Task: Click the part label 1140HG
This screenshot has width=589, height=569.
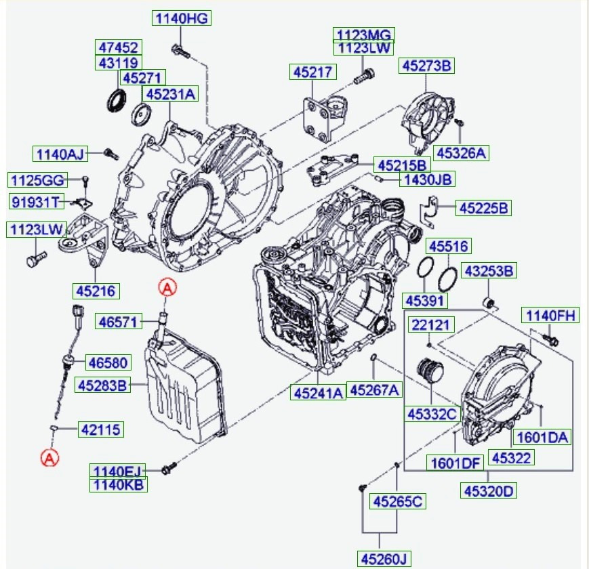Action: (182, 19)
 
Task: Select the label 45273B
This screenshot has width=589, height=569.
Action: (426, 66)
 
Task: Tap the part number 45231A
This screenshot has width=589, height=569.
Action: (169, 94)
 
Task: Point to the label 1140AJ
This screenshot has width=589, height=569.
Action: (60, 154)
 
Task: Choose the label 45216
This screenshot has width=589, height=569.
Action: (96, 291)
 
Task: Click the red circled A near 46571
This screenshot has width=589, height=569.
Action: (167, 289)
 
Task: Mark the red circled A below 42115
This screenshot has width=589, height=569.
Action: (49, 458)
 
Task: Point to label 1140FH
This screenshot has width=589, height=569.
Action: (549, 315)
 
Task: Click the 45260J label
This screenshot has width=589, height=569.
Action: (384, 559)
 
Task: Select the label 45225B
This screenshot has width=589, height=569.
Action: (483, 208)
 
